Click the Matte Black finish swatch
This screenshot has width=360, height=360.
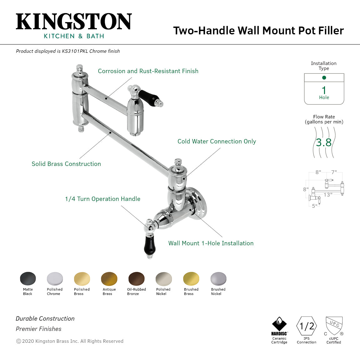28,278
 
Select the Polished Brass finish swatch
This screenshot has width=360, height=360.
82,279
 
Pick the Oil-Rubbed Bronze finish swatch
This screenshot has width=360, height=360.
136,279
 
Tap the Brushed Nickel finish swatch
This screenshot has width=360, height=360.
218,279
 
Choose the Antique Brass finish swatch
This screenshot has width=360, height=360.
109,279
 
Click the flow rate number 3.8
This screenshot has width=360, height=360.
323,142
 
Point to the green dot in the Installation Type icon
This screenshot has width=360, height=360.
324,77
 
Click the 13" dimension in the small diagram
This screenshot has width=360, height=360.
328,195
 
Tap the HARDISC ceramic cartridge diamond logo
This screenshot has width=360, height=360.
279,324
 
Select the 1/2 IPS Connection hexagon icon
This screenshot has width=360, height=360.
307,326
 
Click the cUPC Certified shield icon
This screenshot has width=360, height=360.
334,326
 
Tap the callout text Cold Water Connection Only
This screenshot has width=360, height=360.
217,142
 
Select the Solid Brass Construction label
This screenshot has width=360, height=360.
66,164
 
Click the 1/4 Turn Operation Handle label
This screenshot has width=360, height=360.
102,199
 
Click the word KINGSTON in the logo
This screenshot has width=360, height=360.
74,22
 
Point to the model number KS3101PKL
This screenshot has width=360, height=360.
75,51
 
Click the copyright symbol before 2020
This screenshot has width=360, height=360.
18,341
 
